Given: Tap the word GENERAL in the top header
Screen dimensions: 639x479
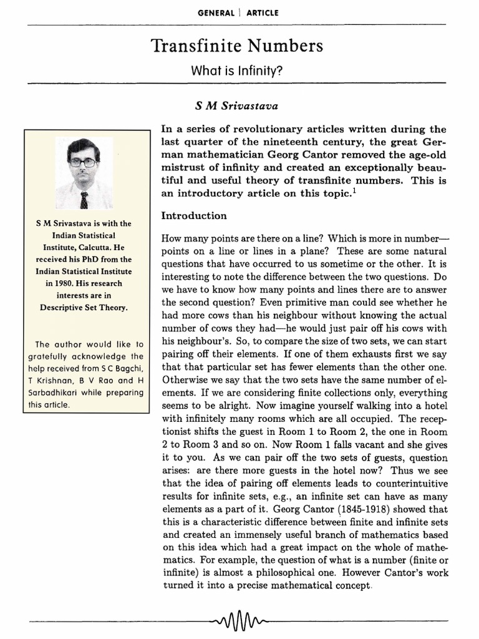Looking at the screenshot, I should pyautogui.click(x=215, y=12).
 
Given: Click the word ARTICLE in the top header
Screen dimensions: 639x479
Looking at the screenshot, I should pyautogui.click(x=262, y=12).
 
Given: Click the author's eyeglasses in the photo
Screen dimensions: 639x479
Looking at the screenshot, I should pyautogui.click(x=83, y=162).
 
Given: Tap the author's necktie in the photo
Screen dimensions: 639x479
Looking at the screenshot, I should pyautogui.click(x=84, y=200).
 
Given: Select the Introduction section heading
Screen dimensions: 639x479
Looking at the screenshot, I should pyautogui.click(x=194, y=216).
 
